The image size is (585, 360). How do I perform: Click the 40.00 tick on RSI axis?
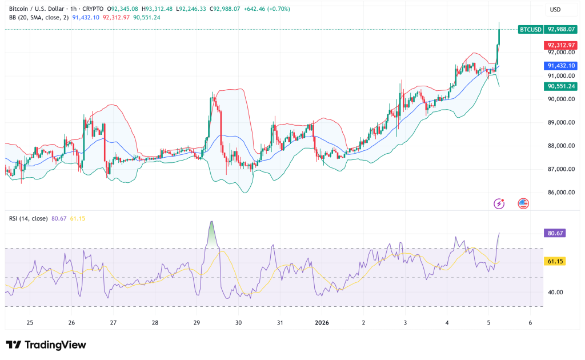click(555, 292)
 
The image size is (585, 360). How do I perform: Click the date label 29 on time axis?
click(197, 322)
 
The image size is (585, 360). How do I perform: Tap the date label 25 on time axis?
click(30, 322)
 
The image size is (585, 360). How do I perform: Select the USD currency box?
click(555, 10)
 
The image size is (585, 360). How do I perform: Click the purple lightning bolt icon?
click(499, 203)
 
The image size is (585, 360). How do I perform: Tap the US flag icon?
click(523, 203)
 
